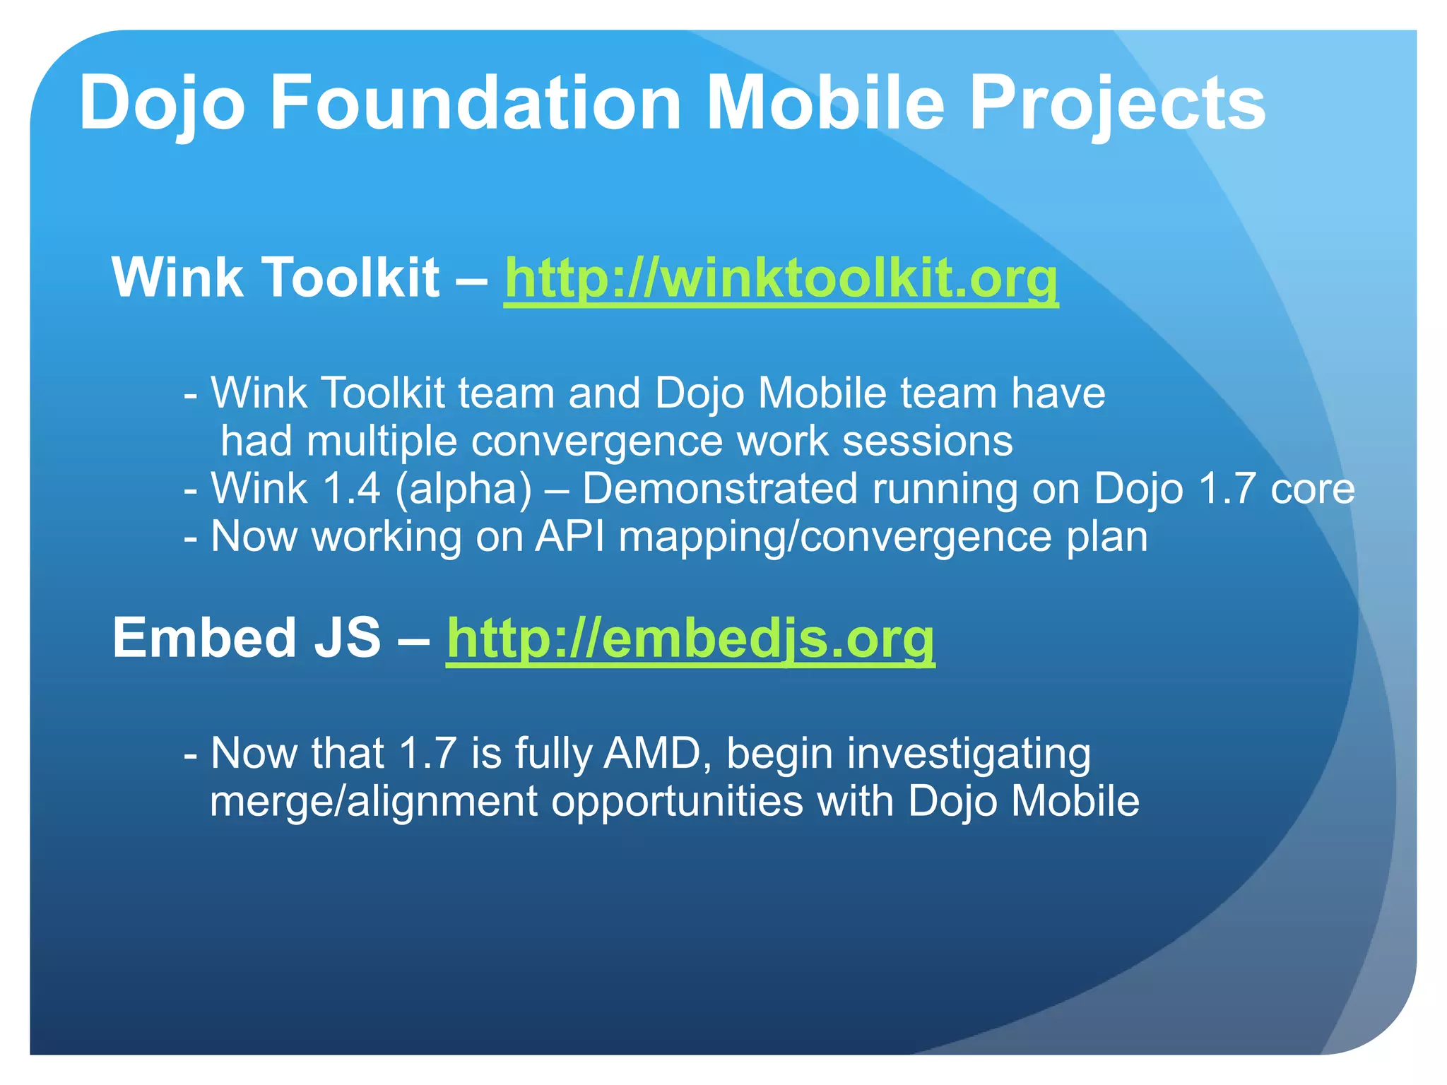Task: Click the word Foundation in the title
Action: [x=476, y=103]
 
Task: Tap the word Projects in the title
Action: [x=1117, y=103]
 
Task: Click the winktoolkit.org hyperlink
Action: [x=781, y=278]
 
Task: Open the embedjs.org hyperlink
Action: [x=690, y=639]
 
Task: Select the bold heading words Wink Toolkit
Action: [x=276, y=277]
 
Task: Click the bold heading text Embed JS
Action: [x=247, y=638]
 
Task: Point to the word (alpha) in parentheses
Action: [x=463, y=489]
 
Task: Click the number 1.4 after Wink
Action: [x=351, y=489]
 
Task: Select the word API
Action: [x=569, y=537]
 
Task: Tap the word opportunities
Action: [x=677, y=802]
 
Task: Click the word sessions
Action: [x=928, y=441]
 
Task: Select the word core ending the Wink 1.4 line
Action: [x=1312, y=489]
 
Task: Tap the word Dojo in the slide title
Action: [x=162, y=103]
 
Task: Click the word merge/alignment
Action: [x=374, y=802]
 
